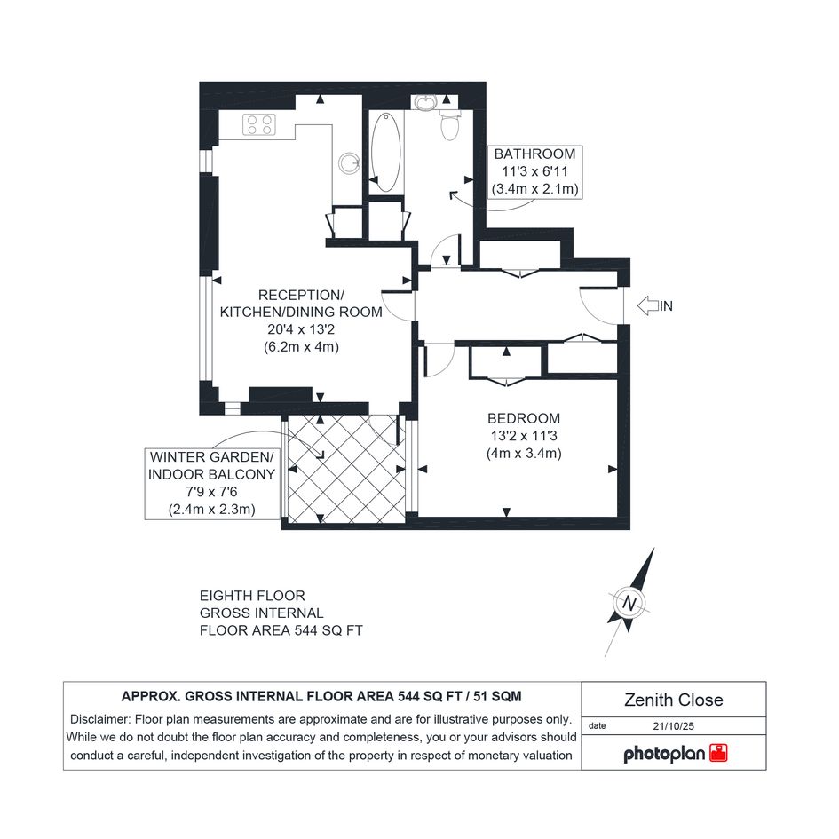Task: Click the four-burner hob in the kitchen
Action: [x=259, y=124]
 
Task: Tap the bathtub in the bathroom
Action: [x=385, y=152]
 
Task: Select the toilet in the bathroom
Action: [x=449, y=124]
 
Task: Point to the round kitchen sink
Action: [x=349, y=162]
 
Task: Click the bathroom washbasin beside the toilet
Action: [x=426, y=102]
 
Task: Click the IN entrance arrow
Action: [x=648, y=305]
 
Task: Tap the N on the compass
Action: [x=629, y=604]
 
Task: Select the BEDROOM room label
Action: [x=523, y=418]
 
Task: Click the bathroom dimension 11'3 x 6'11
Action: [x=534, y=171]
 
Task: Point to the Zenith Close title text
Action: [x=674, y=700]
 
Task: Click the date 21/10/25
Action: [x=673, y=726]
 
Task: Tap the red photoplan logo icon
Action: [x=718, y=753]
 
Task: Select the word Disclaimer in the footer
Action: [x=100, y=719]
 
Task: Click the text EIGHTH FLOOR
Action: [x=252, y=596]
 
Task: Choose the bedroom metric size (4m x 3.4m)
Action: [x=524, y=454]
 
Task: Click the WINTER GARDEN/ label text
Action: [x=211, y=457]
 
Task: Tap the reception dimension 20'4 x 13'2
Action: [x=301, y=329]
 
